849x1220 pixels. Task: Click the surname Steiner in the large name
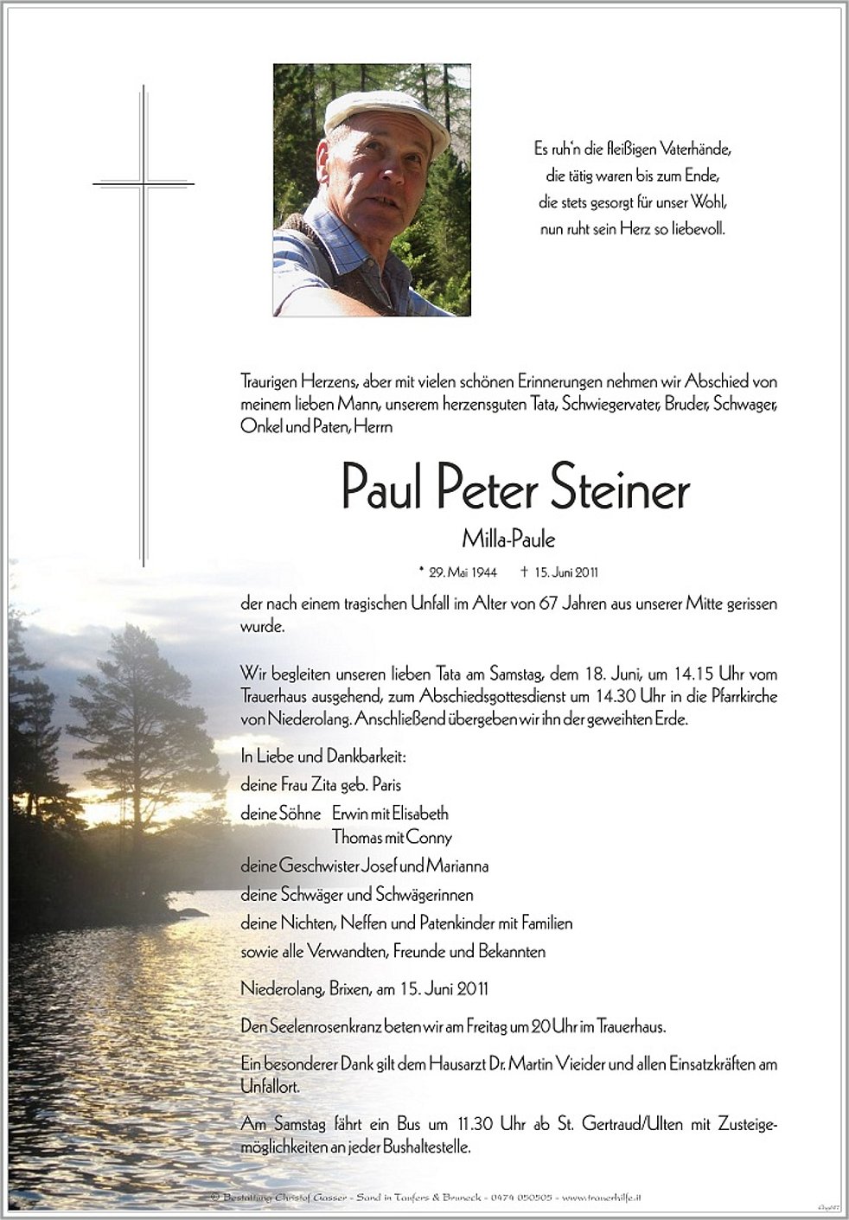(x=619, y=489)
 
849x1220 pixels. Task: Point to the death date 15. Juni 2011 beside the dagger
(x=567, y=572)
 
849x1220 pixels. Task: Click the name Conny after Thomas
(x=429, y=837)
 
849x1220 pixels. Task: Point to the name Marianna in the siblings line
(x=456, y=865)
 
